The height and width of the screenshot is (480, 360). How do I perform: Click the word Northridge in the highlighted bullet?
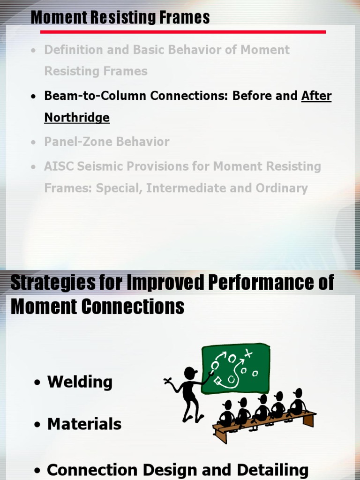[x=77, y=117]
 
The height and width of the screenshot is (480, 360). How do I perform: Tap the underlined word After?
[x=316, y=96]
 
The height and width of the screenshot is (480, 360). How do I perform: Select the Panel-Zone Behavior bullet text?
[x=106, y=142]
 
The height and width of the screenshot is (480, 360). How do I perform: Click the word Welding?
[x=80, y=382]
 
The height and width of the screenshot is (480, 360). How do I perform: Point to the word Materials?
[x=84, y=424]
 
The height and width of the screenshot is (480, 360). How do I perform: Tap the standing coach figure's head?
[x=190, y=373]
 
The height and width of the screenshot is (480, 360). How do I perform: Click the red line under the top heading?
[x=183, y=32]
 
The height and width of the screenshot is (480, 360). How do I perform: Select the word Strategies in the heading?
[x=50, y=283]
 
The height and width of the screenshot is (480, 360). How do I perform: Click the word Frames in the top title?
[x=185, y=18]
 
